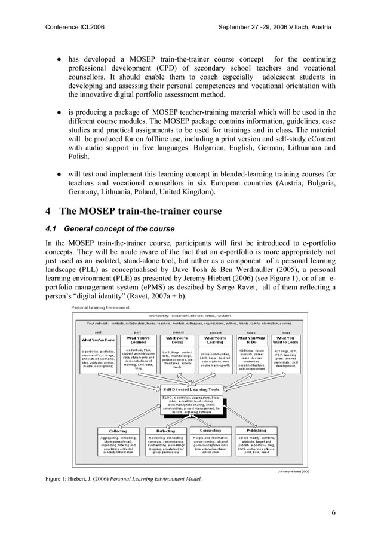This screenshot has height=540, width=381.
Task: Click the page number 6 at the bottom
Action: [x=333, y=512]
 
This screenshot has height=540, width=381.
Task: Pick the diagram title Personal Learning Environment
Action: [x=100, y=307]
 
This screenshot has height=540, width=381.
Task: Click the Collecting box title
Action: [x=118, y=431]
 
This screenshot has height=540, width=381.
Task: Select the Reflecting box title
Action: [x=165, y=431]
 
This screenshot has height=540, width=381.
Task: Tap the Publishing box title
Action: [x=256, y=430]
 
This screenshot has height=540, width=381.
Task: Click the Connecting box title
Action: [x=210, y=430]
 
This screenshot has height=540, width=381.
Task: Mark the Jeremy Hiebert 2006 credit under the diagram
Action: [x=293, y=471]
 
